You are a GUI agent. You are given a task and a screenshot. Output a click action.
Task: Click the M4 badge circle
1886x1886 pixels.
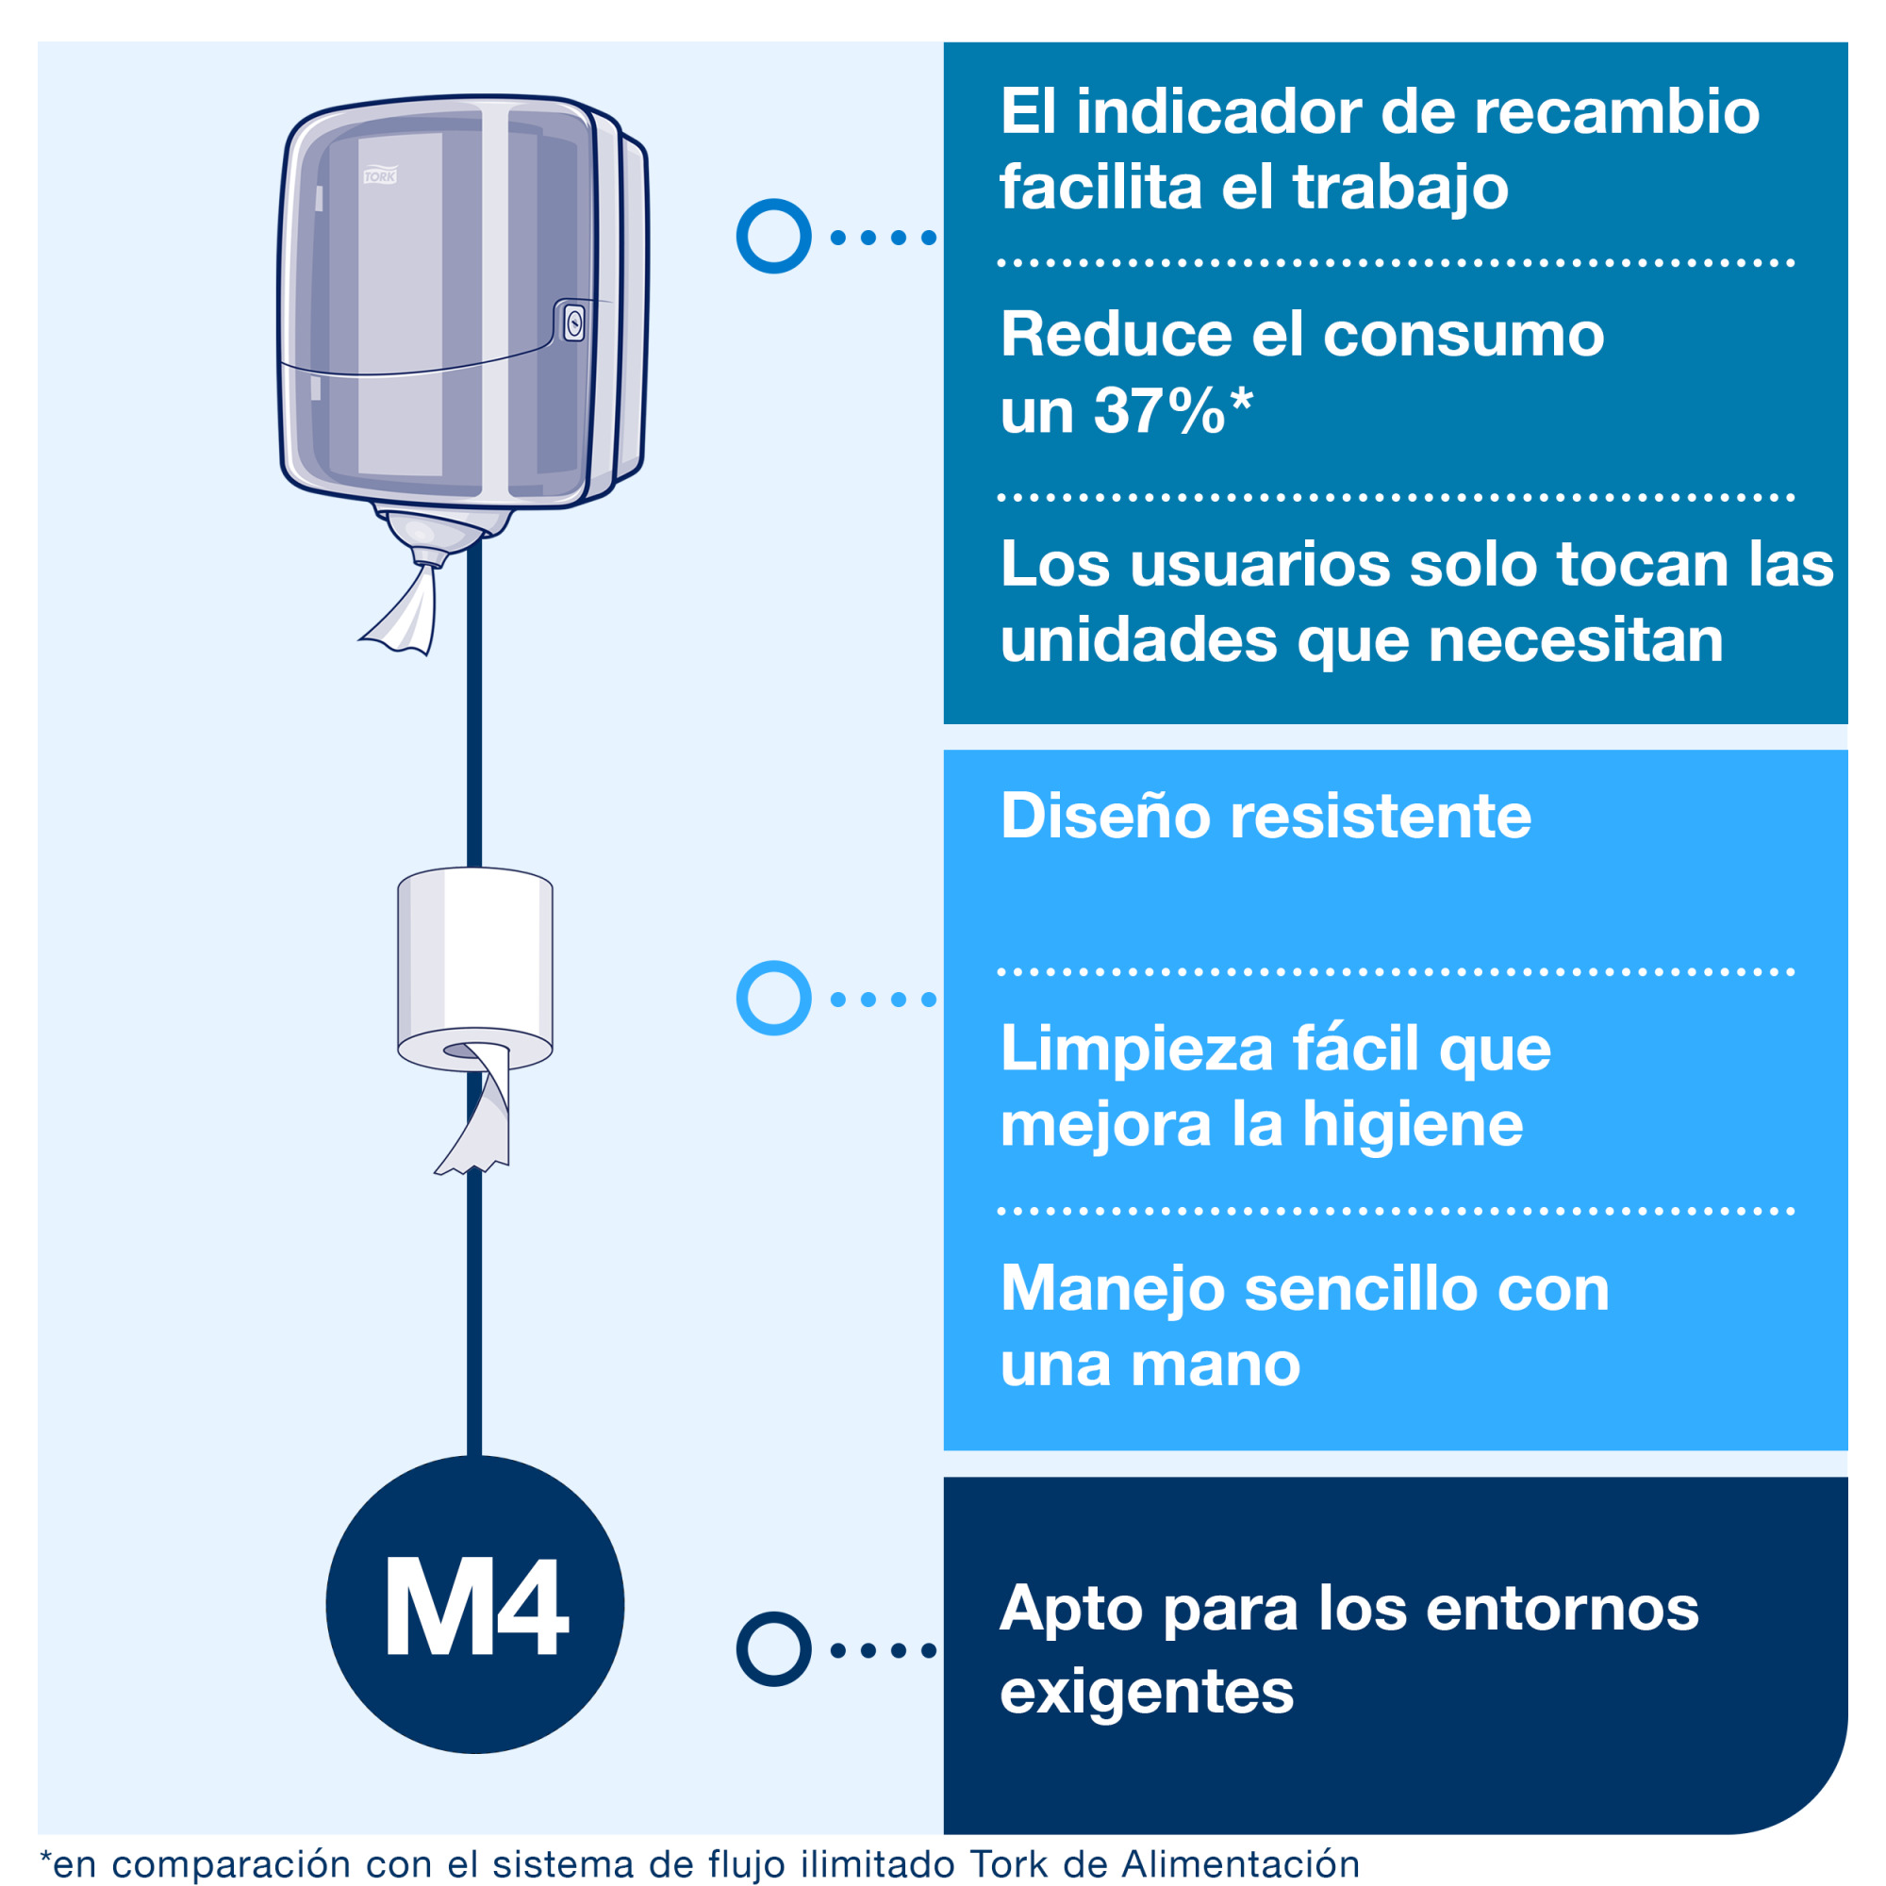coord(474,1605)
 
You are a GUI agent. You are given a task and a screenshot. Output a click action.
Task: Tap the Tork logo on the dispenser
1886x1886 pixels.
coord(380,175)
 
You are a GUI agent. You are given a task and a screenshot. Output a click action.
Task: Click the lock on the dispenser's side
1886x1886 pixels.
coord(574,323)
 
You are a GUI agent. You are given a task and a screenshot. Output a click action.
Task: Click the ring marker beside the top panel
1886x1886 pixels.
coord(773,237)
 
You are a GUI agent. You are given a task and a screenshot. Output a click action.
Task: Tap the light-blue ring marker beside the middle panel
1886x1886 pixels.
coord(773,998)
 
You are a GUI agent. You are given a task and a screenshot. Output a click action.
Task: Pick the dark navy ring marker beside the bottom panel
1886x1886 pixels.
coord(773,1649)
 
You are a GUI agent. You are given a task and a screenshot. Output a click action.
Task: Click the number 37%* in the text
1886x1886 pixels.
coord(1172,410)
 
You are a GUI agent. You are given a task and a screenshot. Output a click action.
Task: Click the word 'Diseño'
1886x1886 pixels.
coord(1105,816)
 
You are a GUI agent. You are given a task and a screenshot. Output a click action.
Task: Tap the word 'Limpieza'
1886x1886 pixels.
coord(1136,1051)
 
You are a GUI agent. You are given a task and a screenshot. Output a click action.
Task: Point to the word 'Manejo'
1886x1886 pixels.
coord(1113,1289)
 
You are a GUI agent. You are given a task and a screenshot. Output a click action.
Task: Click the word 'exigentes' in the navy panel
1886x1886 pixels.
coord(1146,1692)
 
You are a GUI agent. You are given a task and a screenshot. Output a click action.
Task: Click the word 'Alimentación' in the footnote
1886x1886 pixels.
coord(1240,1863)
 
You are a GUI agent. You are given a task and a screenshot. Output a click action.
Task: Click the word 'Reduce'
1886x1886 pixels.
coord(1116,335)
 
